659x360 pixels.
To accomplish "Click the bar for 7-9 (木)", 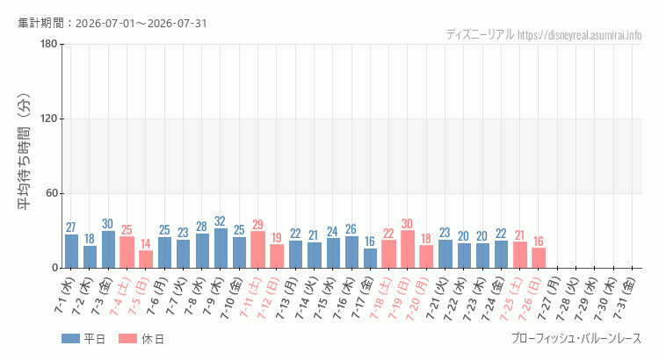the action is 221,248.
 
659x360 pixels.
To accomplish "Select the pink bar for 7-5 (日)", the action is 146,259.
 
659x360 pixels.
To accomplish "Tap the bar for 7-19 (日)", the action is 408,249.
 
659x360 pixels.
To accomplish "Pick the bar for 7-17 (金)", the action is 370,258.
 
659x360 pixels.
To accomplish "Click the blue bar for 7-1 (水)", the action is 71,251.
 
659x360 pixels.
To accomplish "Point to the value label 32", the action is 220,221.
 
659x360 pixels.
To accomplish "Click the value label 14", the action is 145,243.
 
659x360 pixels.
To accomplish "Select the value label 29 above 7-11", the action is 257,225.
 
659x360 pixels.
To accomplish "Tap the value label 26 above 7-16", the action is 351,229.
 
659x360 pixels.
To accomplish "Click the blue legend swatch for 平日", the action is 70,339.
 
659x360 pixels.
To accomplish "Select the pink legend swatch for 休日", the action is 127,339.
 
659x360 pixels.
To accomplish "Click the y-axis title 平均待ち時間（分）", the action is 24,152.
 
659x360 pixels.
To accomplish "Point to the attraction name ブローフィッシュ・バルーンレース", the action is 576,338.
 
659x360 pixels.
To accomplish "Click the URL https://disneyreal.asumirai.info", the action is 580,35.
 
